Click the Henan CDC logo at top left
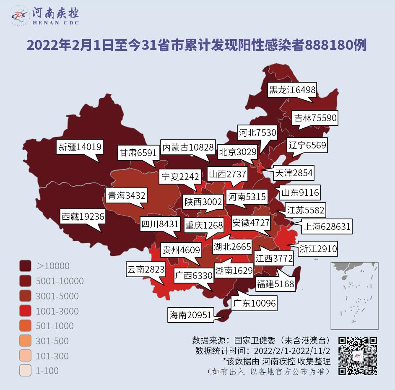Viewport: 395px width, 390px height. click(x=44, y=16)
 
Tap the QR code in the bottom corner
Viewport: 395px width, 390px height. click(x=358, y=356)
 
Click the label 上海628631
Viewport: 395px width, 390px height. click(x=326, y=227)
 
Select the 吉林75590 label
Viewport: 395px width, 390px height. click(x=314, y=118)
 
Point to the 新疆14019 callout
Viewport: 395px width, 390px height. click(x=80, y=147)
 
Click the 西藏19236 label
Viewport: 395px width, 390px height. click(x=83, y=217)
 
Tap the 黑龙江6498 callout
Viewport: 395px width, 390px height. click(x=292, y=90)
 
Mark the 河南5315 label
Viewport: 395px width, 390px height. click(x=247, y=196)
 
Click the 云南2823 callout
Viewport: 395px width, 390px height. click(x=146, y=270)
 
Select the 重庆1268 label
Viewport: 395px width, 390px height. click(x=205, y=225)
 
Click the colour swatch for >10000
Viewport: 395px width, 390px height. click(x=26, y=266)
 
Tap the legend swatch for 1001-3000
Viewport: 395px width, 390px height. click(x=26, y=311)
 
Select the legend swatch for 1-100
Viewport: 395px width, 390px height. click(x=26, y=371)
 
